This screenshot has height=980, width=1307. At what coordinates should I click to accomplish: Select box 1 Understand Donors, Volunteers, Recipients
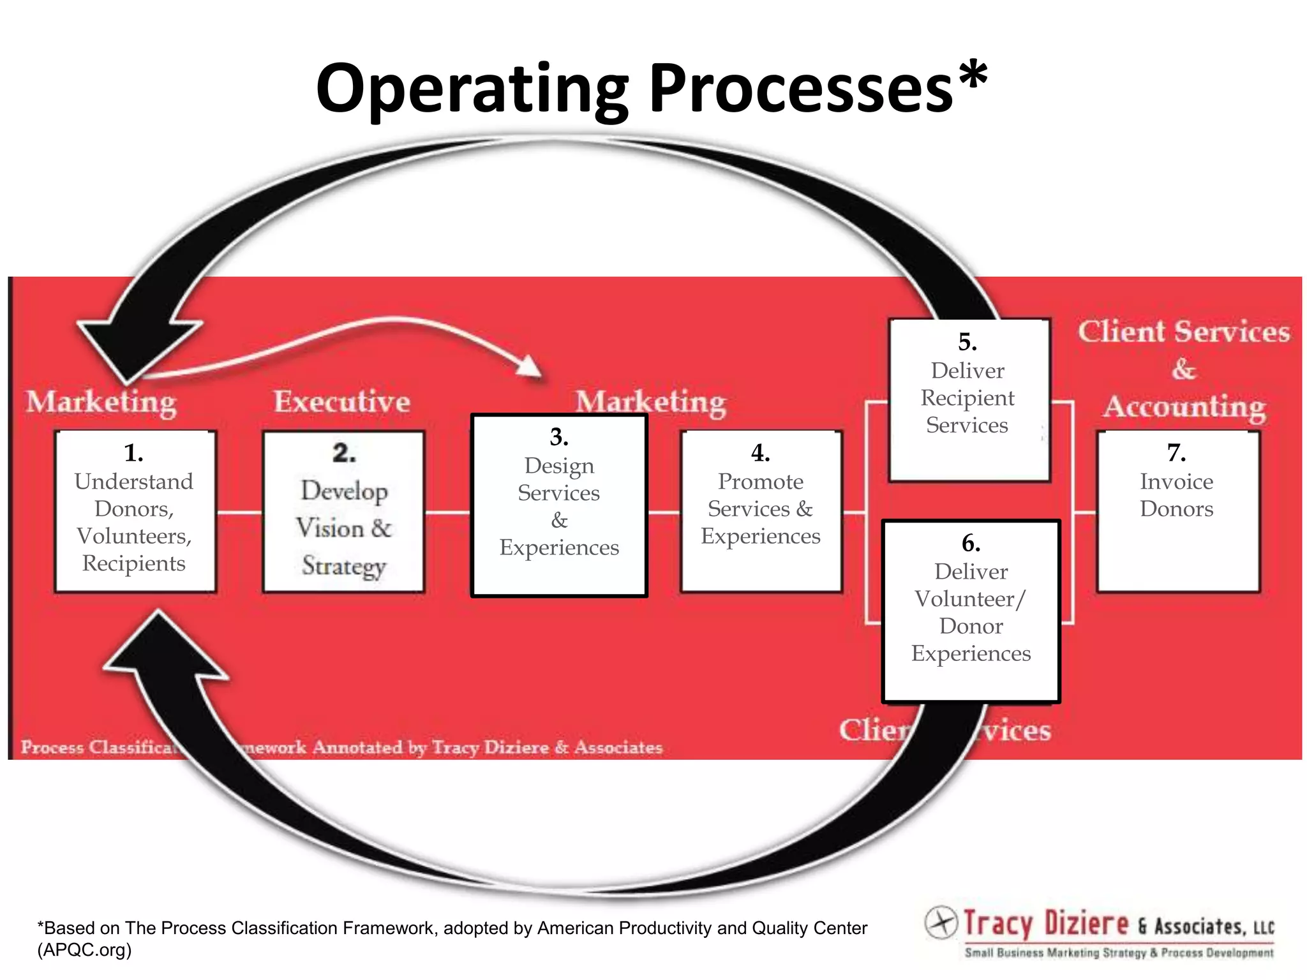click(135, 512)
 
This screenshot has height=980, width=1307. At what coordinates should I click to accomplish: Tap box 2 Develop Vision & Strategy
click(343, 512)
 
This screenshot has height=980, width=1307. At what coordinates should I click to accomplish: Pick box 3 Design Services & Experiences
click(559, 505)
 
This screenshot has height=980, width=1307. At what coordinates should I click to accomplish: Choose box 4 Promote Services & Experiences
click(761, 512)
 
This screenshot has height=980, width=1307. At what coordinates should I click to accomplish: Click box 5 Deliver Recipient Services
click(968, 399)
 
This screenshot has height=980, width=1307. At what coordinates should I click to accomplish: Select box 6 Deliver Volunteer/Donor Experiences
click(971, 611)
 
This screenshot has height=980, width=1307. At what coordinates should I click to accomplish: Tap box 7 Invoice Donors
click(1177, 512)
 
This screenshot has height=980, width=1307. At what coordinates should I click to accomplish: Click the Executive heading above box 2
click(342, 402)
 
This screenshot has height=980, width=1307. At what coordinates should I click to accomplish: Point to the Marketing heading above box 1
click(101, 403)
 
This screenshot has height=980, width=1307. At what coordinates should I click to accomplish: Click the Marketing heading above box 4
click(651, 403)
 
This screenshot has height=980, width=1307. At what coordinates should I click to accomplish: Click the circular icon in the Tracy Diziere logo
click(941, 922)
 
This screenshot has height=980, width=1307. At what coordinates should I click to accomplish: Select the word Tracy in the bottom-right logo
click(997, 924)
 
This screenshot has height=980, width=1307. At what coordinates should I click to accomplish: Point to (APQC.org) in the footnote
click(84, 950)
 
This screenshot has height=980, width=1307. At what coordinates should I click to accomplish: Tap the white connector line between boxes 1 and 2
click(240, 512)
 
